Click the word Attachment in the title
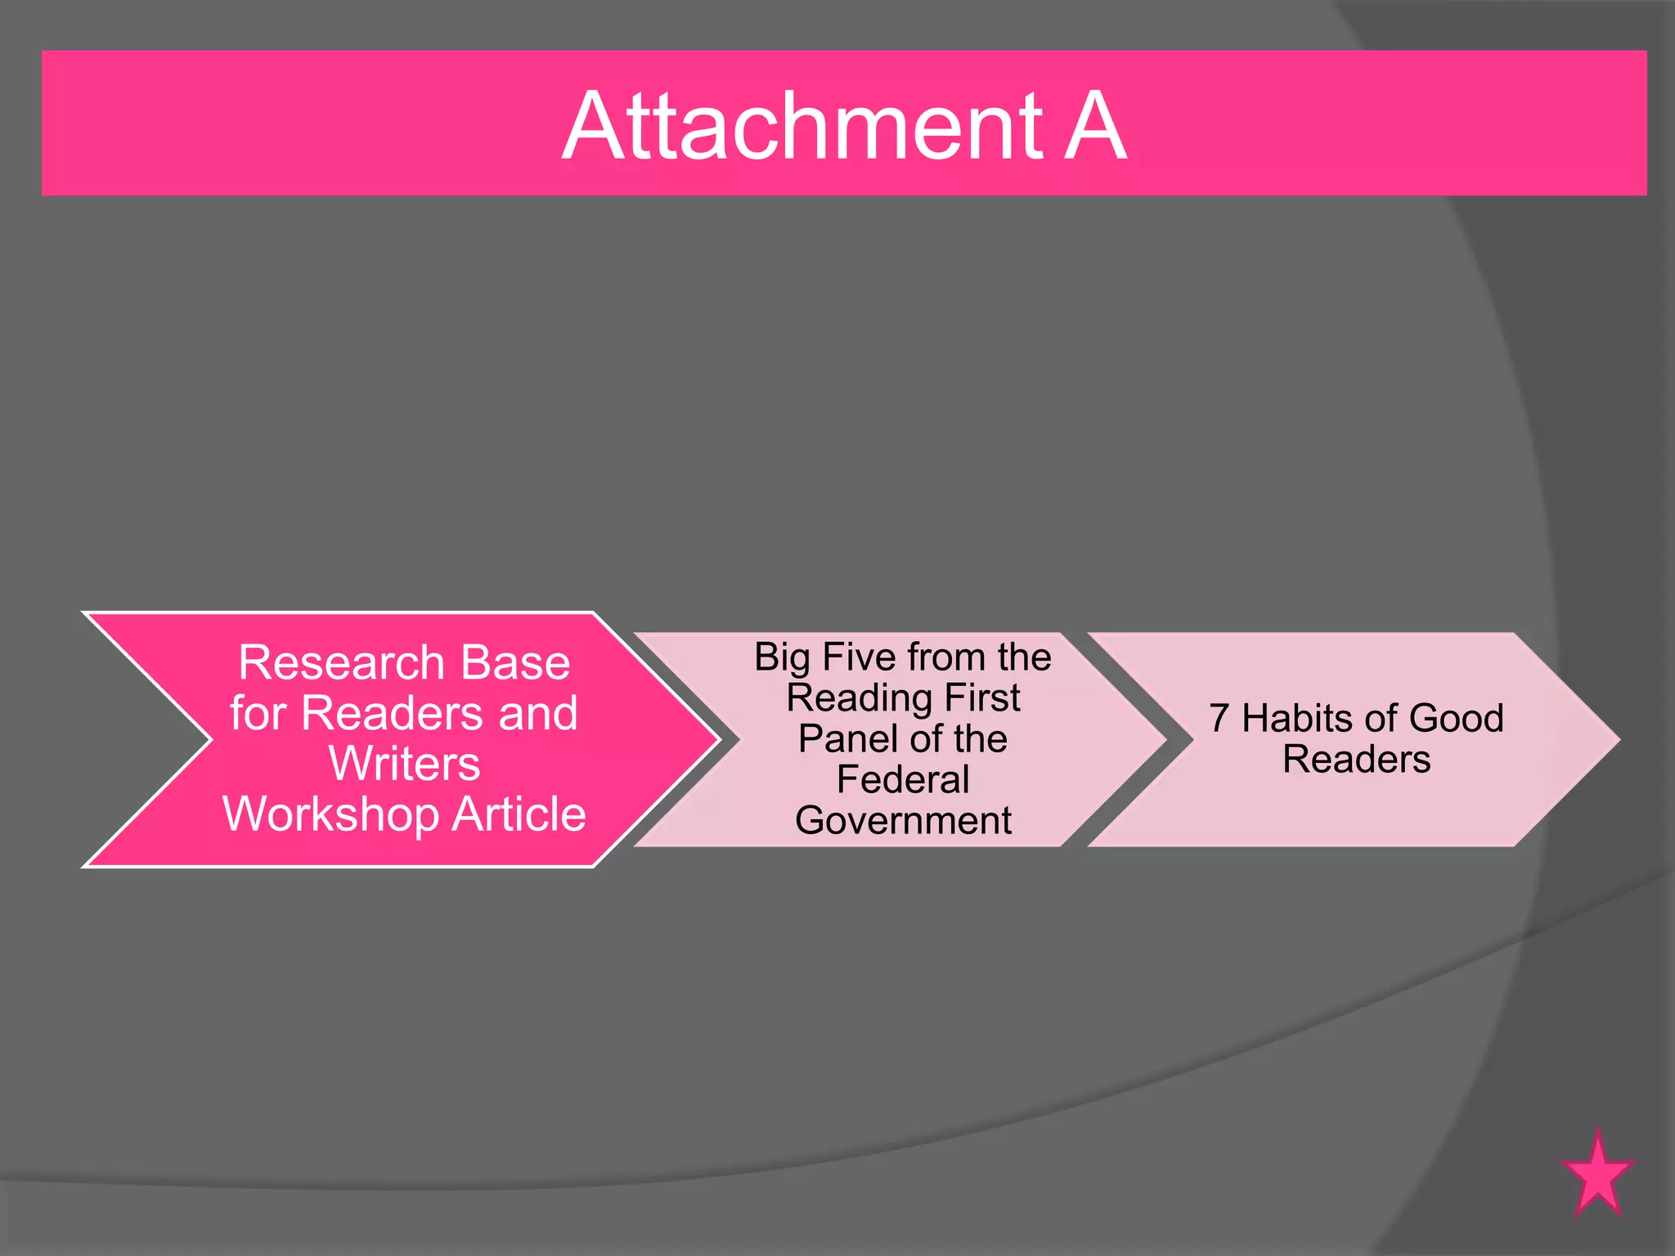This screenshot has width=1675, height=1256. pyautogui.click(x=802, y=127)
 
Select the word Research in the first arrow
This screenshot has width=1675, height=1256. pyautogui.click(x=343, y=662)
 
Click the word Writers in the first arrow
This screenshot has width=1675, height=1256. pyautogui.click(x=404, y=764)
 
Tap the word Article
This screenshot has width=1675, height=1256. pyautogui.click(x=519, y=815)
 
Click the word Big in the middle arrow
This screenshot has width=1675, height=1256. pyautogui.click(x=782, y=658)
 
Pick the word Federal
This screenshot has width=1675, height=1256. pyautogui.click(x=903, y=780)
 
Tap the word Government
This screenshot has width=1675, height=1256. pyautogui.click(x=903, y=821)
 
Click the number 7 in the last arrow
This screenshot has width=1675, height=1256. pyautogui.click(x=1219, y=719)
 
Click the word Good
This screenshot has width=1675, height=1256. pyautogui.click(x=1457, y=719)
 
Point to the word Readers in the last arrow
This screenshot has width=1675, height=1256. pyautogui.click(x=1357, y=760)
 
